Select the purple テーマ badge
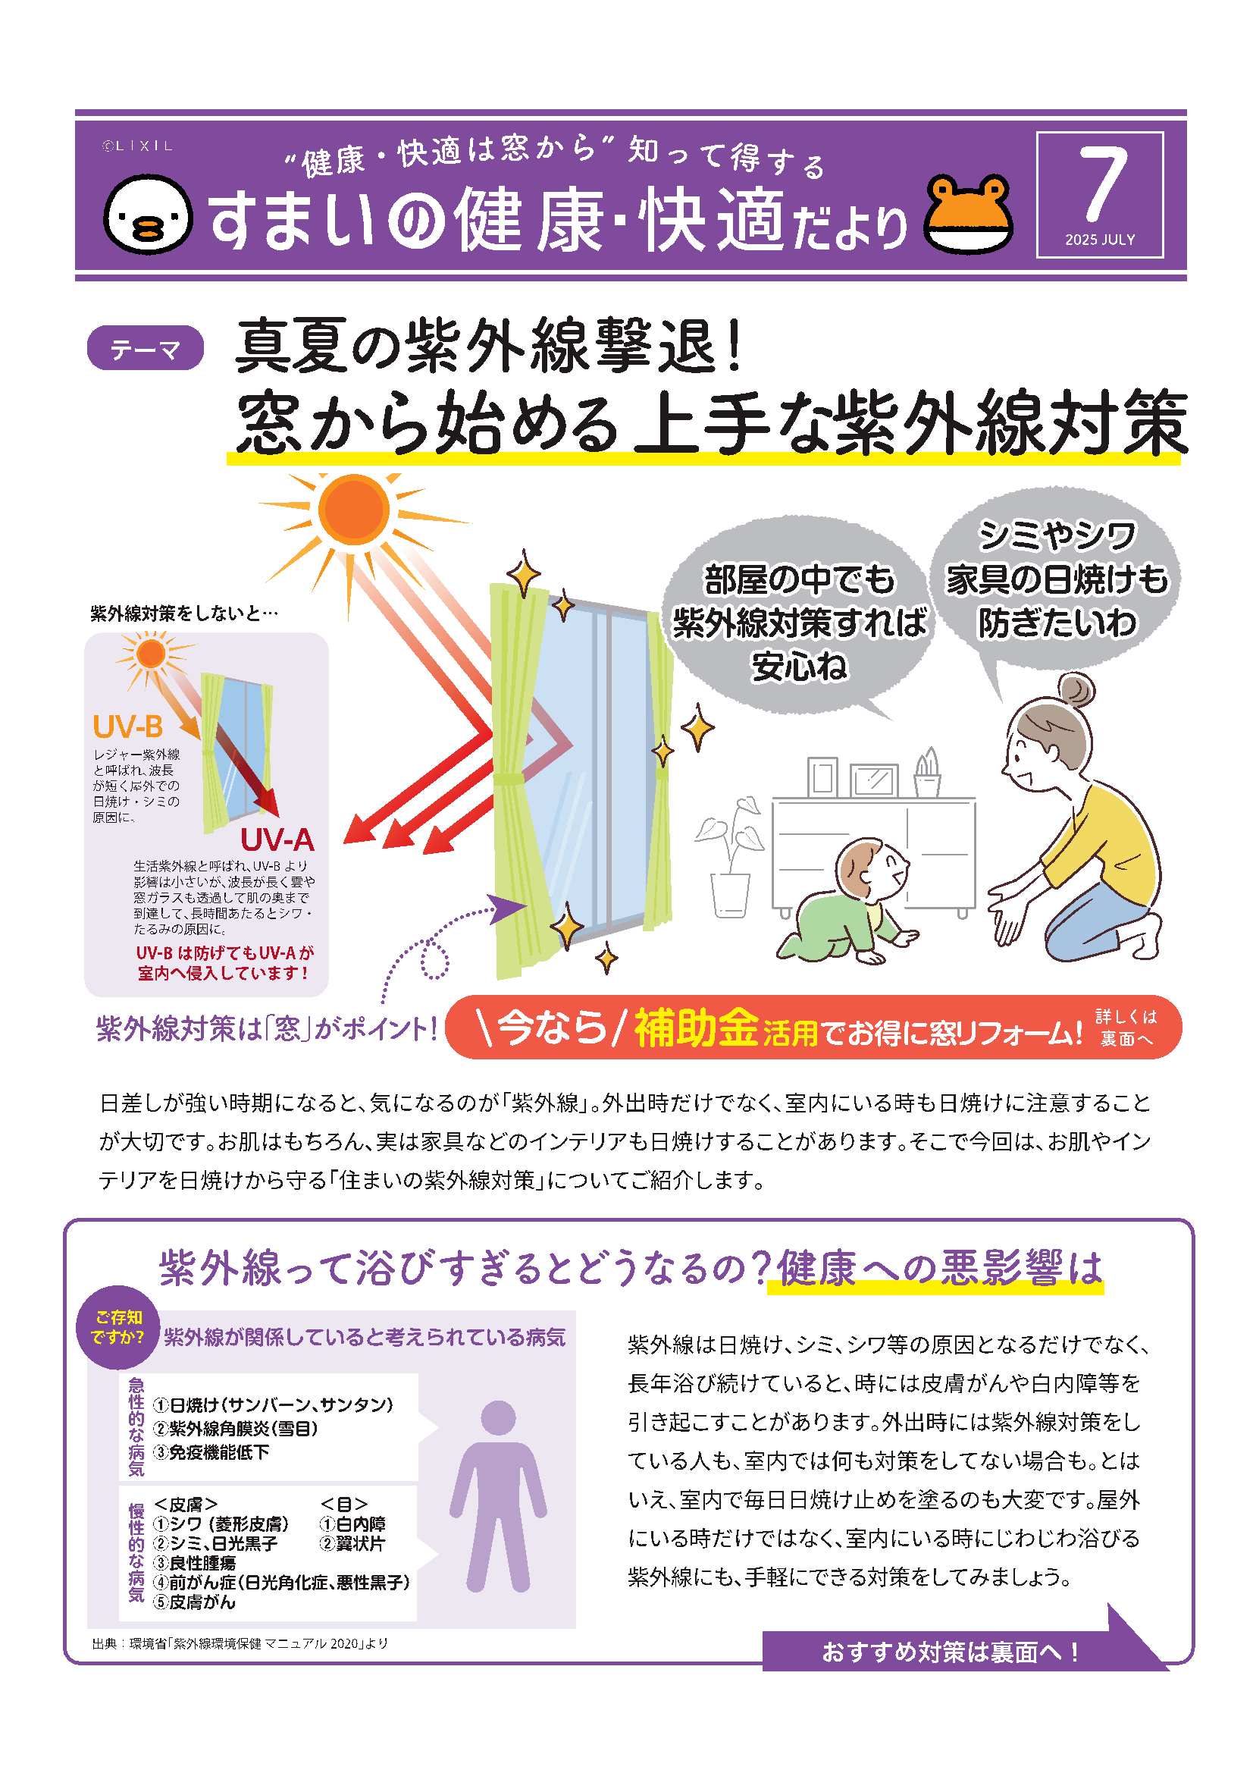pyautogui.click(x=146, y=348)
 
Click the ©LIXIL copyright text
pyautogui.click(x=137, y=145)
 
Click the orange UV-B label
pyautogui.click(x=127, y=726)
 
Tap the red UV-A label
pyautogui.click(x=277, y=839)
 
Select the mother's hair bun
pyautogui.click(x=1077, y=689)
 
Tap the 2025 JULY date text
pyautogui.click(x=1100, y=240)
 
